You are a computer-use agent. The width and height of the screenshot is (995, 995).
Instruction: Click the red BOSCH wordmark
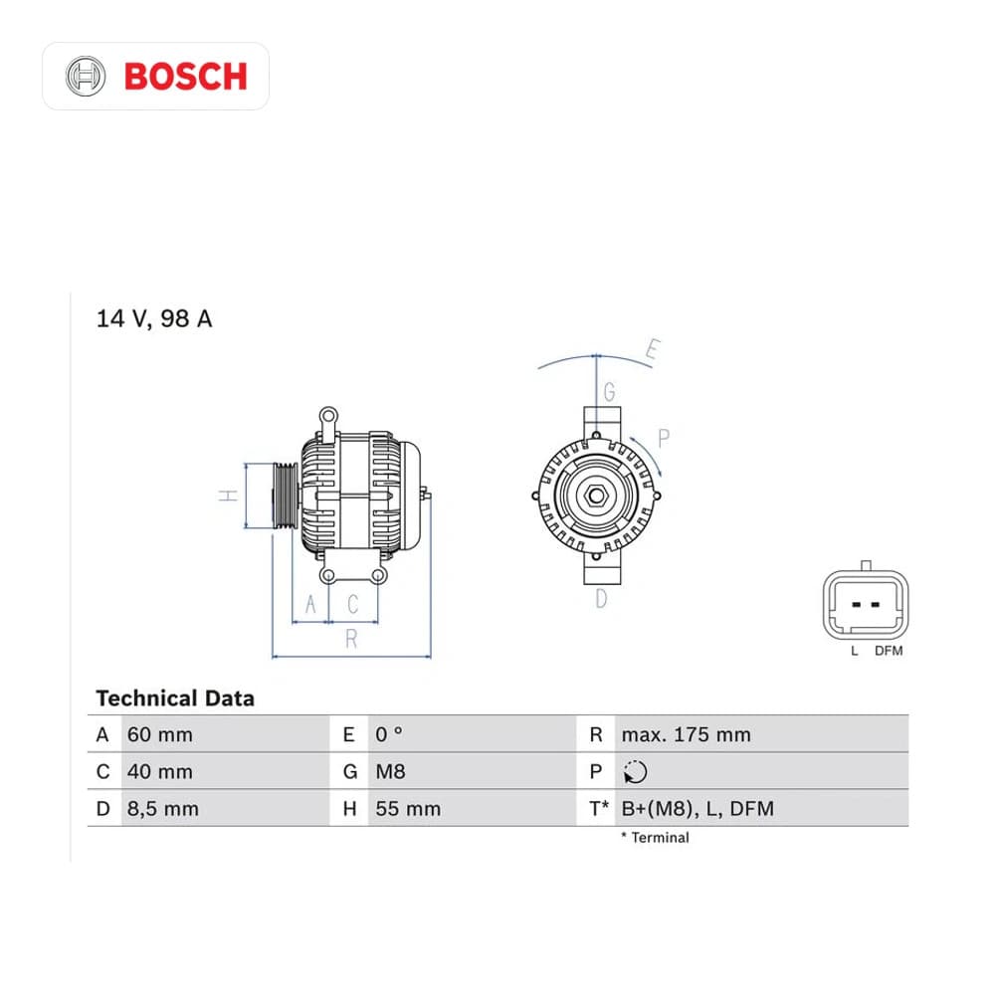point(185,77)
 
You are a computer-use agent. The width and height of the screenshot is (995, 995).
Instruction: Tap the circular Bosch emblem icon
point(86,77)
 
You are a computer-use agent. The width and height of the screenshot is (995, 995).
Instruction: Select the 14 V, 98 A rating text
point(154,318)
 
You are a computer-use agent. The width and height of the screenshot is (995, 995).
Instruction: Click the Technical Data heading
point(175,698)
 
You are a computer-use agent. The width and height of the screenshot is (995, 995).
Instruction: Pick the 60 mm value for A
point(160,735)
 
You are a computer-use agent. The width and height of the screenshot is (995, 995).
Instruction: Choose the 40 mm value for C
point(160,772)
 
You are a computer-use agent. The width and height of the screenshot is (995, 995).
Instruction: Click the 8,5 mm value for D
point(163,809)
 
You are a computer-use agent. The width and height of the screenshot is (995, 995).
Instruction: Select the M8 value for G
point(390,772)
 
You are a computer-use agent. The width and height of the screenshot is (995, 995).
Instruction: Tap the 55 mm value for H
point(408,809)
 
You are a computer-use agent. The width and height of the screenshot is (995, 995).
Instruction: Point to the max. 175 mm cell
point(686,735)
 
